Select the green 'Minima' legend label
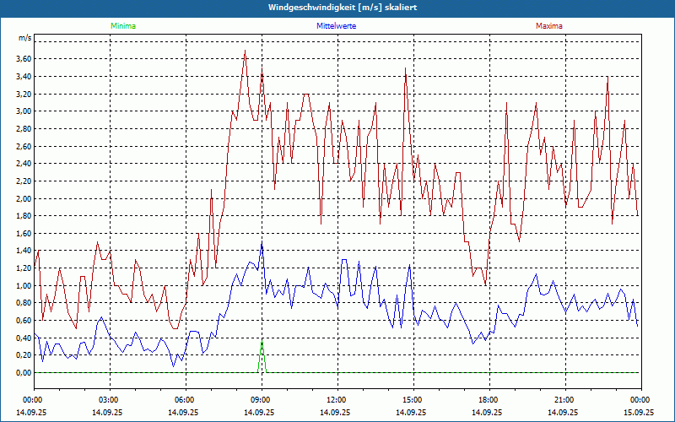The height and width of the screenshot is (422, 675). [x=122, y=26]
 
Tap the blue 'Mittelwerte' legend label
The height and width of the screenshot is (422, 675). [x=337, y=26]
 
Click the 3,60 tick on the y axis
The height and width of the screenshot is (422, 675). [x=23, y=58]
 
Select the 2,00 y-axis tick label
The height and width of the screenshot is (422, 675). [x=23, y=198]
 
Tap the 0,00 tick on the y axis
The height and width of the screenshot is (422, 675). [x=23, y=373]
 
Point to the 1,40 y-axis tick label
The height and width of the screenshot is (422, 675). [x=23, y=251]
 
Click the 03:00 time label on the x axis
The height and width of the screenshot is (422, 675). [x=109, y=400]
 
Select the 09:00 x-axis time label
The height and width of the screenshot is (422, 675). [x=261, y=400]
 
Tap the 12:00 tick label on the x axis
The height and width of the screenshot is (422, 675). [x=337, y=400]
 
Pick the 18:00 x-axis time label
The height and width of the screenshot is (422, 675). [x=489, y=400]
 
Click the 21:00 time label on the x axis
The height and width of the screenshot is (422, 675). [x=564, y=400]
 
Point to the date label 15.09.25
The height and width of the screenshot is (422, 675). [x=639, y=413]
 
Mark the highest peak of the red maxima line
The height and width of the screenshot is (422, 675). [x=245, y=51]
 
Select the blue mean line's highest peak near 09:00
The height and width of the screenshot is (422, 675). [x=262, y=243]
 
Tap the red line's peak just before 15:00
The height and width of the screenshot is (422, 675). [x=406, y=68]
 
